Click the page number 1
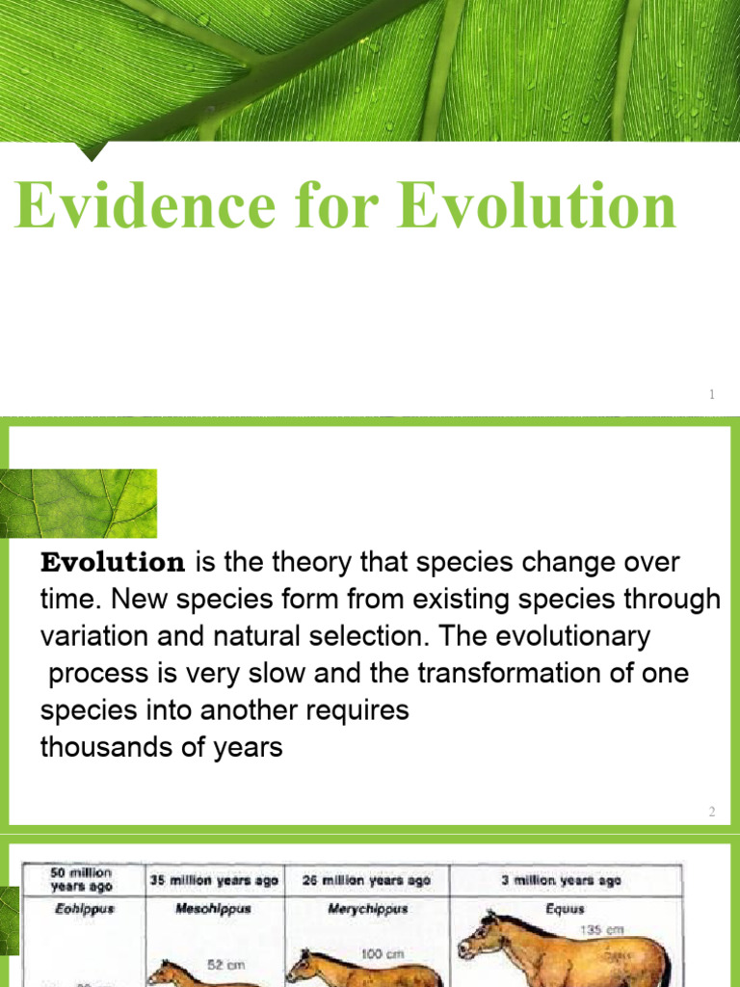click(711, 394)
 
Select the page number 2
click(712, 812)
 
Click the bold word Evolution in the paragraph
click(113, 562)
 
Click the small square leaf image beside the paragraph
click(79, 503)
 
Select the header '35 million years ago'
click(213, 880)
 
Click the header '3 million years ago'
click(563, 880)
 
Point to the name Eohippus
click(83, 909)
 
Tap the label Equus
click(564, 909)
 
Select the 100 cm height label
click(375, 953)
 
